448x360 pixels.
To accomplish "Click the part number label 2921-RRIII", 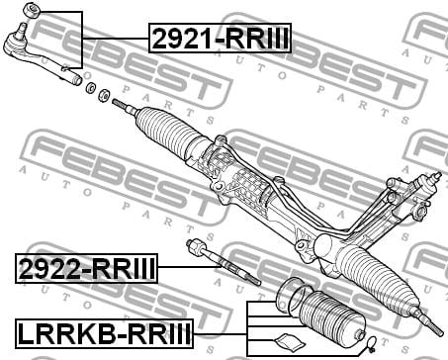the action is [220, 39].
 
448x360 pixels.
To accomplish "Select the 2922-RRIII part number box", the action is [86, 268].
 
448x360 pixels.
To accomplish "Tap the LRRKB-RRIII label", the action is [104, 333].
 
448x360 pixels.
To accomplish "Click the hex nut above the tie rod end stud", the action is [32, 9].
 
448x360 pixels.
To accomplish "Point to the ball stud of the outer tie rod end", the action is [23, 30].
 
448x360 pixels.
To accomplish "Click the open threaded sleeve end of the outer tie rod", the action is [77, 80].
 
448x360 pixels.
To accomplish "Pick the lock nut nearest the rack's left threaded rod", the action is [104, 95].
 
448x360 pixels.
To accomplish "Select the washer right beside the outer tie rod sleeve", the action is [90, 88].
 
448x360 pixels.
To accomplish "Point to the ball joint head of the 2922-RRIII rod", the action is [195, 246].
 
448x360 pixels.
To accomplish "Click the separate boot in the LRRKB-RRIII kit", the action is [331, 318].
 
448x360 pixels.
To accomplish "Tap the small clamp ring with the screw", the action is [371, 343].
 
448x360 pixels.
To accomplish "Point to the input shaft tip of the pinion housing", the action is [437, 175].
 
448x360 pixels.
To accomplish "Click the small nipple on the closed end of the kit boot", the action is [360, 336].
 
